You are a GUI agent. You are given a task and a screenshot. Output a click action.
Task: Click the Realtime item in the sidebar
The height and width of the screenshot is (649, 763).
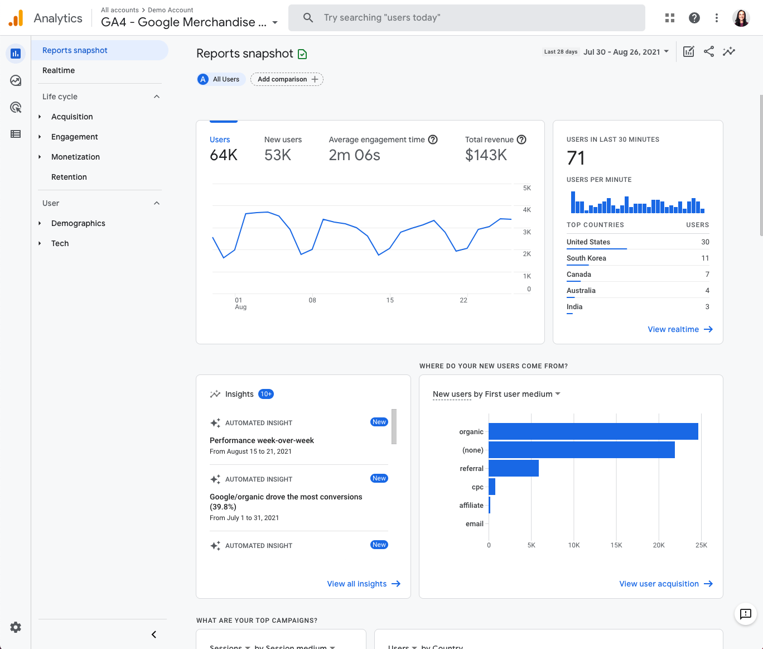click(x=59, y=70)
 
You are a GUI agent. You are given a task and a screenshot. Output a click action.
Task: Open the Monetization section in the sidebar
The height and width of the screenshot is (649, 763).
click(x=75, y=157)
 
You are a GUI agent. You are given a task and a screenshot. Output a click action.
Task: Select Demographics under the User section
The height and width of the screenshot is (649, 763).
click(x=78, y=223)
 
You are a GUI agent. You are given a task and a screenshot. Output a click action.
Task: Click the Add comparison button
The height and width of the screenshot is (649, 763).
click(x=287, y=79)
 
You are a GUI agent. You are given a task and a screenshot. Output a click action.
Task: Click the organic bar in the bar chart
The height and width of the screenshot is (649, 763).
click(x=593, y=431)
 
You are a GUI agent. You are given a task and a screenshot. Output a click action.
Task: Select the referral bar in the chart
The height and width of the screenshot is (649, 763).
click(x=513, y=468)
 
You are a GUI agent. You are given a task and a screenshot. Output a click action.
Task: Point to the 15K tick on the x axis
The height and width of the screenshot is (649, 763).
click(x=616, y=545)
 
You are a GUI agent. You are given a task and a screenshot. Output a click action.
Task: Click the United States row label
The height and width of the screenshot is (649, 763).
click(x=588, y=242)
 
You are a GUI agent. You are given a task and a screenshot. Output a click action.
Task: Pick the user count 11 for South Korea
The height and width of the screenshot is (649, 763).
click(x=705, y=258)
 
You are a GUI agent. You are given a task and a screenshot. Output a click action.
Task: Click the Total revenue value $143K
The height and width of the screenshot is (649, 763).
click(x=486, y=155)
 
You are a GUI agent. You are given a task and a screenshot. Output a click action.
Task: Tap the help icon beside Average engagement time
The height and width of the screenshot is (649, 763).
click(x=433, y=140)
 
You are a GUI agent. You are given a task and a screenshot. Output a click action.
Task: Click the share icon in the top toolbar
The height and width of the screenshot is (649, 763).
click(x=709, y=52)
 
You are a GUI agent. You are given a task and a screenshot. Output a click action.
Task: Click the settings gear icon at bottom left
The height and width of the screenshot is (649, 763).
click(x=16, y=627)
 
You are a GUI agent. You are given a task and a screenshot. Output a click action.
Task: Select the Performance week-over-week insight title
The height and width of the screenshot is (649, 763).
click(x=262, y=440)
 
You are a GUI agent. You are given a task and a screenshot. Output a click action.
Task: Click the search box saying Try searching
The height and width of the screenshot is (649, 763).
click(x=466, y=18)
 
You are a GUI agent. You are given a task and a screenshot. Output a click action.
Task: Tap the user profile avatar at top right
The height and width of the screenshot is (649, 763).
click(x=741, y=18)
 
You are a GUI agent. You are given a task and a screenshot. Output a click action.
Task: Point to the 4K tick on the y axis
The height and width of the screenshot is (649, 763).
click(x=527, y=210)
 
